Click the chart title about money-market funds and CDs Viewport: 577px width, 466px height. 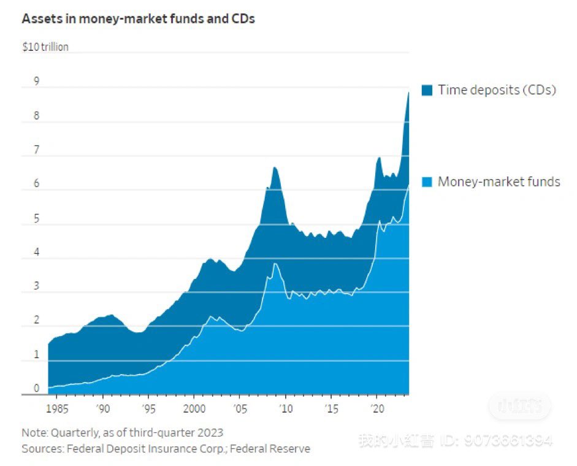138,18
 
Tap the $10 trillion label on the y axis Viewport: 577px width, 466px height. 45,47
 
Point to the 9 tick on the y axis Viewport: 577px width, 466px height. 36,81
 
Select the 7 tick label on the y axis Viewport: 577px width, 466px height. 36,150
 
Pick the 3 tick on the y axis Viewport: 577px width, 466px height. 36,286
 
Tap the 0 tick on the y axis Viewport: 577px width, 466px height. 36,388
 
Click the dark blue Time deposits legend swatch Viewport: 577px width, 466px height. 427,91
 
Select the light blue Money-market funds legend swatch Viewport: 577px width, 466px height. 427,181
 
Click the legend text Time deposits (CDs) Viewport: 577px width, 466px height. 497,90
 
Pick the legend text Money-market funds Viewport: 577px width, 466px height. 499,181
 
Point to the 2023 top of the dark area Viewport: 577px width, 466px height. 408,93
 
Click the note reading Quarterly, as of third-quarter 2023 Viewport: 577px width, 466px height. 123,432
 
